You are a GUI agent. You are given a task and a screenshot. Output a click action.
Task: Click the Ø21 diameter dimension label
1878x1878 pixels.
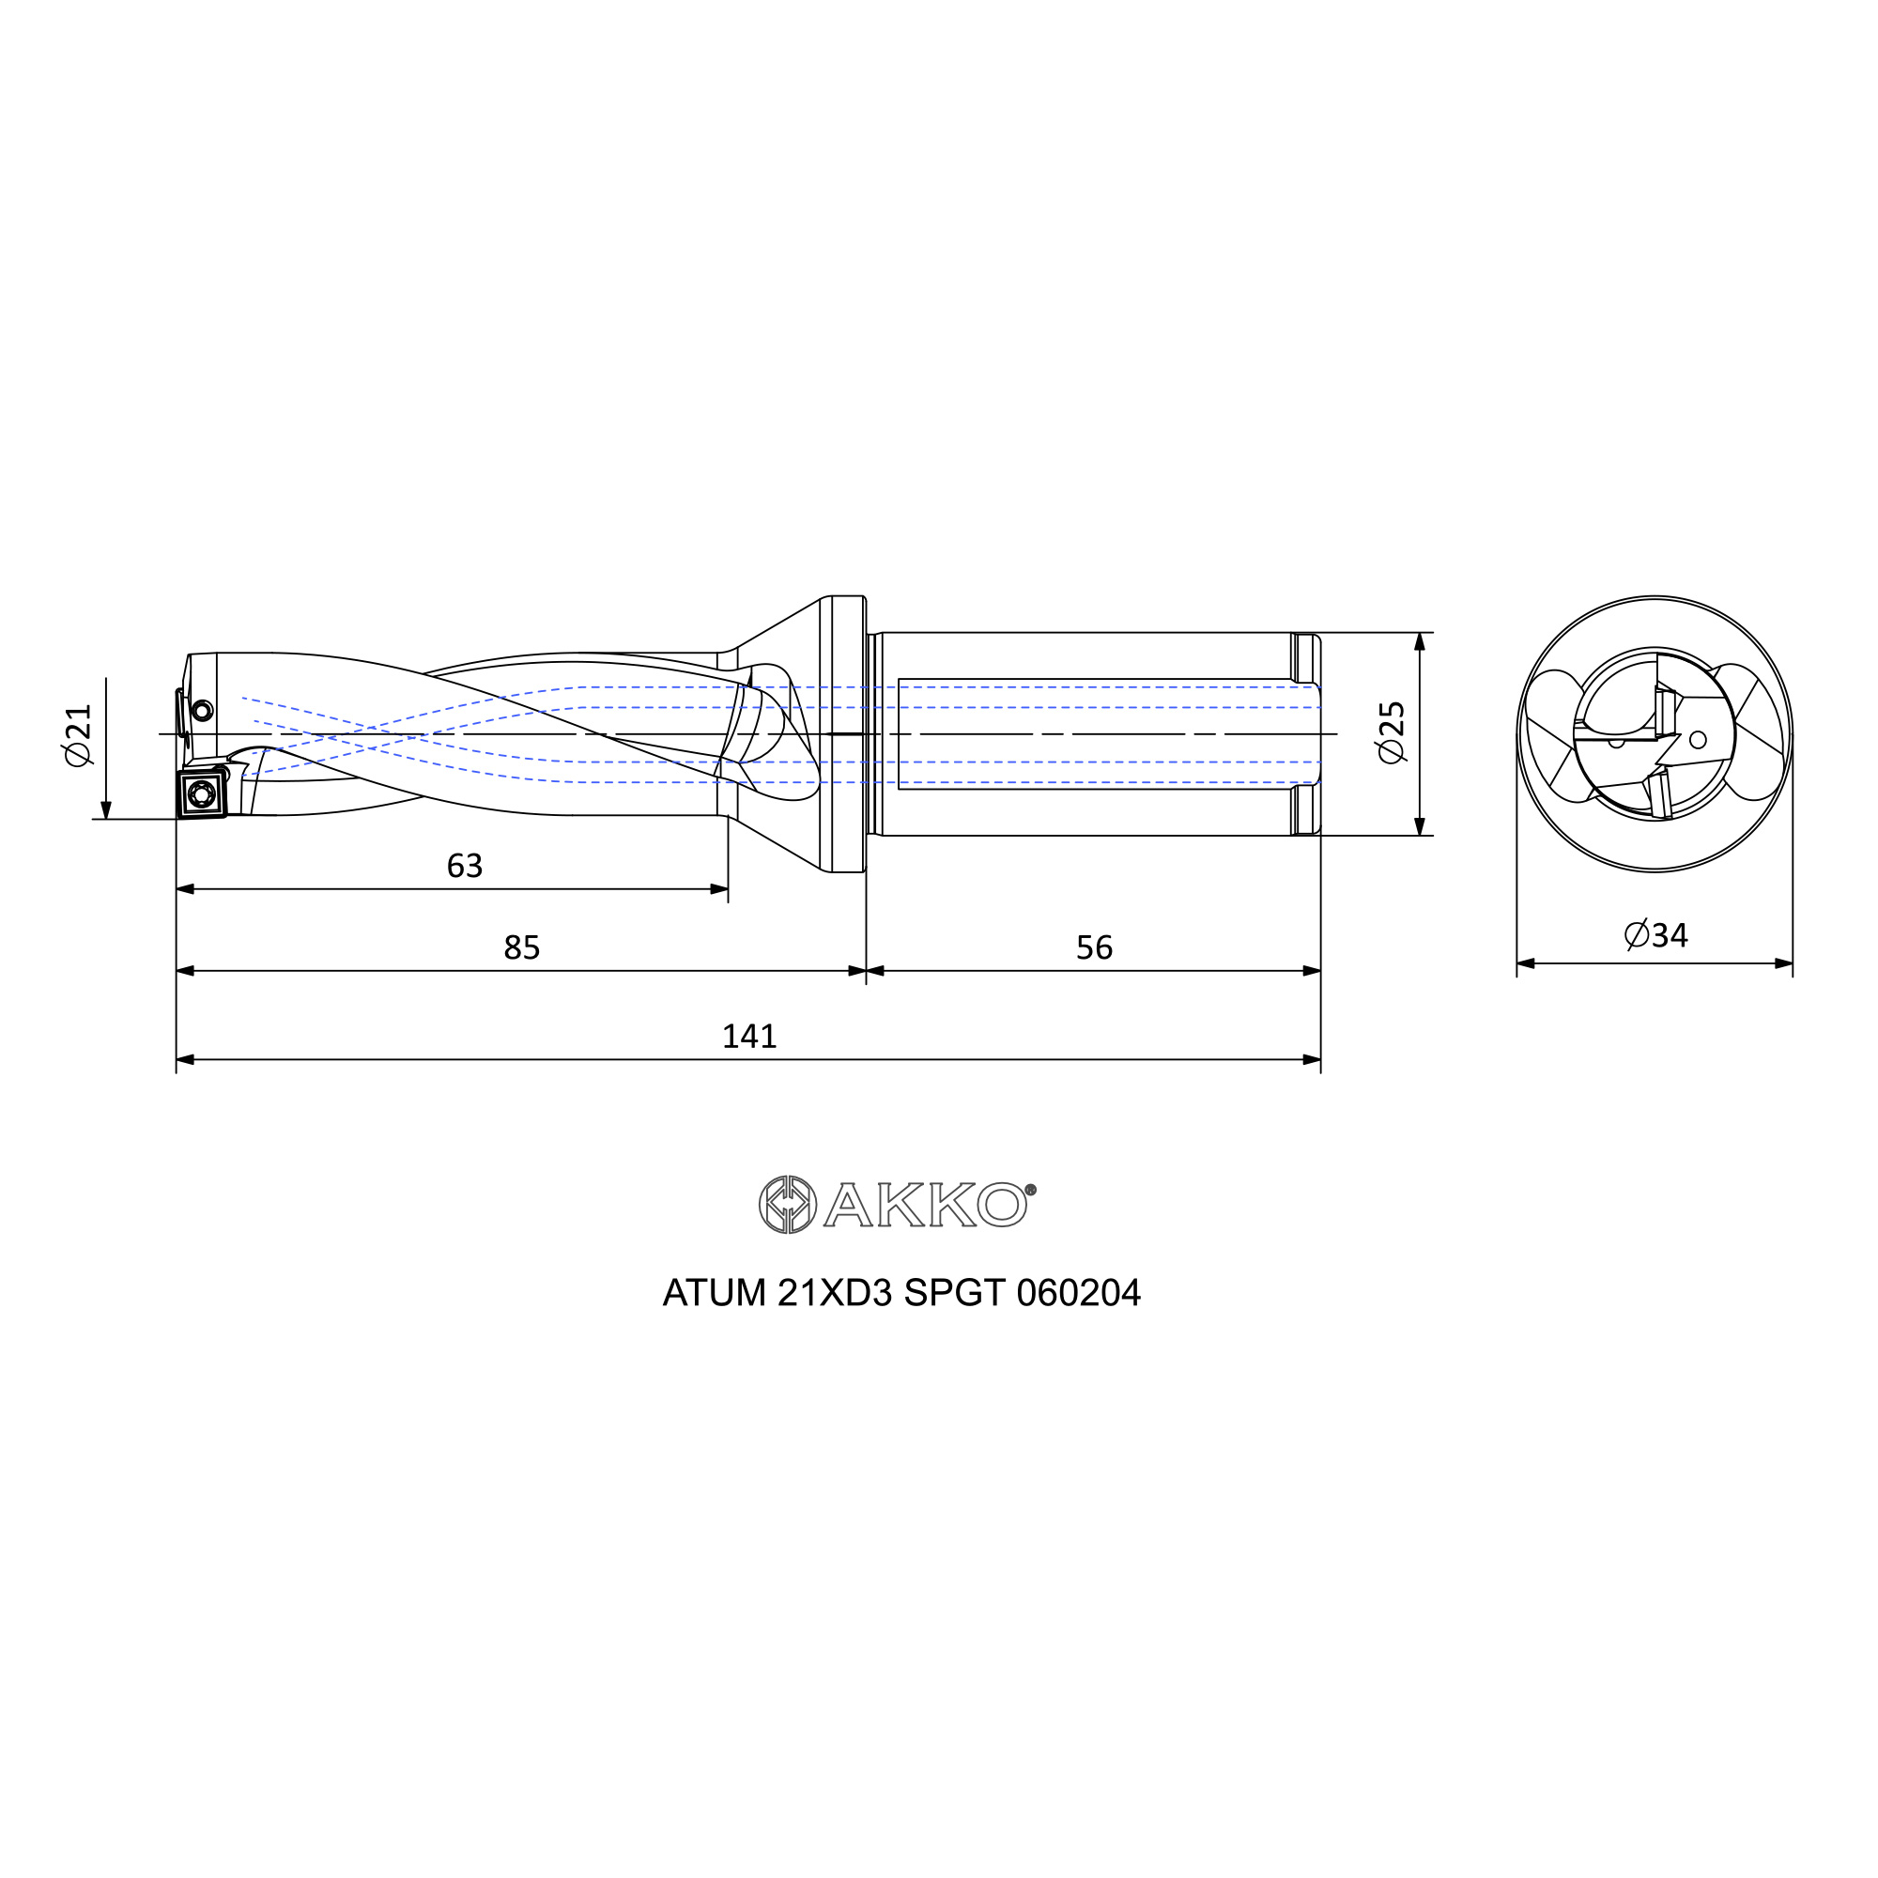[x=79, y=735]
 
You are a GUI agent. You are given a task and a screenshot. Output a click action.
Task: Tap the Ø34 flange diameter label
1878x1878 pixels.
[x=1656, y=935]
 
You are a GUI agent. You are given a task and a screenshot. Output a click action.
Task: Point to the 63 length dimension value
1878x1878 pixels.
[x=465, y=865]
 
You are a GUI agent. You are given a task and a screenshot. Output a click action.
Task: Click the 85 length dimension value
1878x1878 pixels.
[x=522, y=947]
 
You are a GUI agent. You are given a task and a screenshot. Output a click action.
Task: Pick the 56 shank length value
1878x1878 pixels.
[x=1095, y=947]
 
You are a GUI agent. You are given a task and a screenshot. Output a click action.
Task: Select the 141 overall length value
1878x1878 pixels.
[x=749, y=1037]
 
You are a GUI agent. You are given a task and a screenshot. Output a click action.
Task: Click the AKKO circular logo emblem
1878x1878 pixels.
[x=788, y=1205]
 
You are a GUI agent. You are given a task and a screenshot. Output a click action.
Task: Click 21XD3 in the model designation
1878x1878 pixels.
[x=834, y=1293]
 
